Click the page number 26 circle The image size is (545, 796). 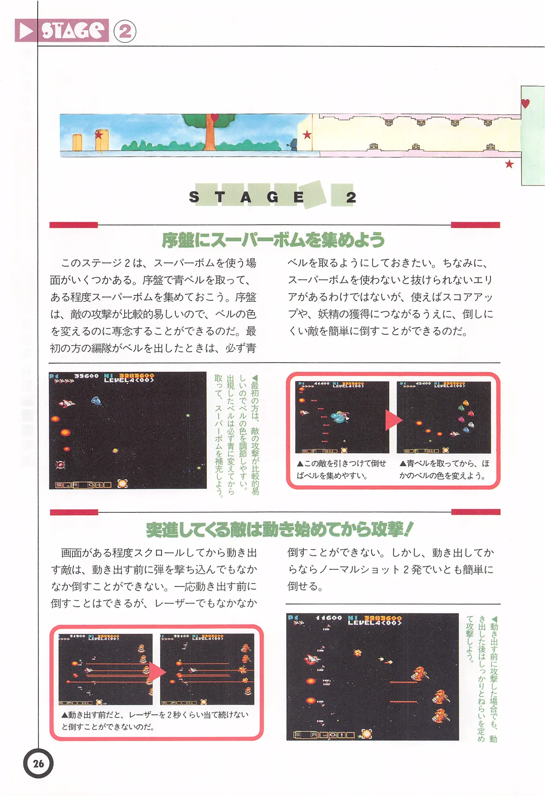(38, 763)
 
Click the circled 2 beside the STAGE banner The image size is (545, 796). (125, 32)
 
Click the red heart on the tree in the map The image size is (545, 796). (215, 117)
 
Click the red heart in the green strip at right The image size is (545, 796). (525, 103)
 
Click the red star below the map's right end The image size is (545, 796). (509, 164)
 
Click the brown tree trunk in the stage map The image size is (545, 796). (209, 136)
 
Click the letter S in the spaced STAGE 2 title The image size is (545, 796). (194, 197)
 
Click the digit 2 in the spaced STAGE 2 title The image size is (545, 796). (351, 197)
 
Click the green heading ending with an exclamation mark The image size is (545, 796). (279, 529)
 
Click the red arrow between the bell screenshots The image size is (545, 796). (393, 420)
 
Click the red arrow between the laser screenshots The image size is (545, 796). (156, 672)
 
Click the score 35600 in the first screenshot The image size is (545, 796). (86, 376)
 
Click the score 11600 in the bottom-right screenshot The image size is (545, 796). (329, 618)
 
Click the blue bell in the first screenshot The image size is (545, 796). (96, 400)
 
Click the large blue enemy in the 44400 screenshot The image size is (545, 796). (340, 417)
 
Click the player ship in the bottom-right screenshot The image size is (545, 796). (312, 659)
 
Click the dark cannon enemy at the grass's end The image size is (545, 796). (293, 144)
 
